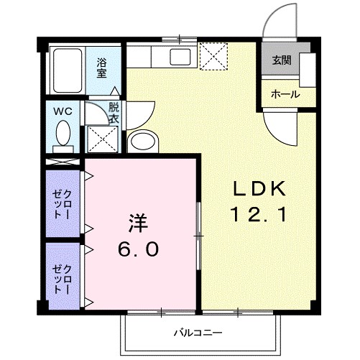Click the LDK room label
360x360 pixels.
pos(260,188)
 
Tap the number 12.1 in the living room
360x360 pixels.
pos(260,213)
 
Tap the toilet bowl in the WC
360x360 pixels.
pos(63,134)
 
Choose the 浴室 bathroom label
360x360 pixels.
pos(102,68)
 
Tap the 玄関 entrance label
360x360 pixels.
pos(281,60)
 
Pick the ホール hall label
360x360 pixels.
pos(285,94)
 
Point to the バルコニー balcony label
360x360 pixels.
pos(198,333)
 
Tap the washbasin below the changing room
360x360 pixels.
pos(143,141)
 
